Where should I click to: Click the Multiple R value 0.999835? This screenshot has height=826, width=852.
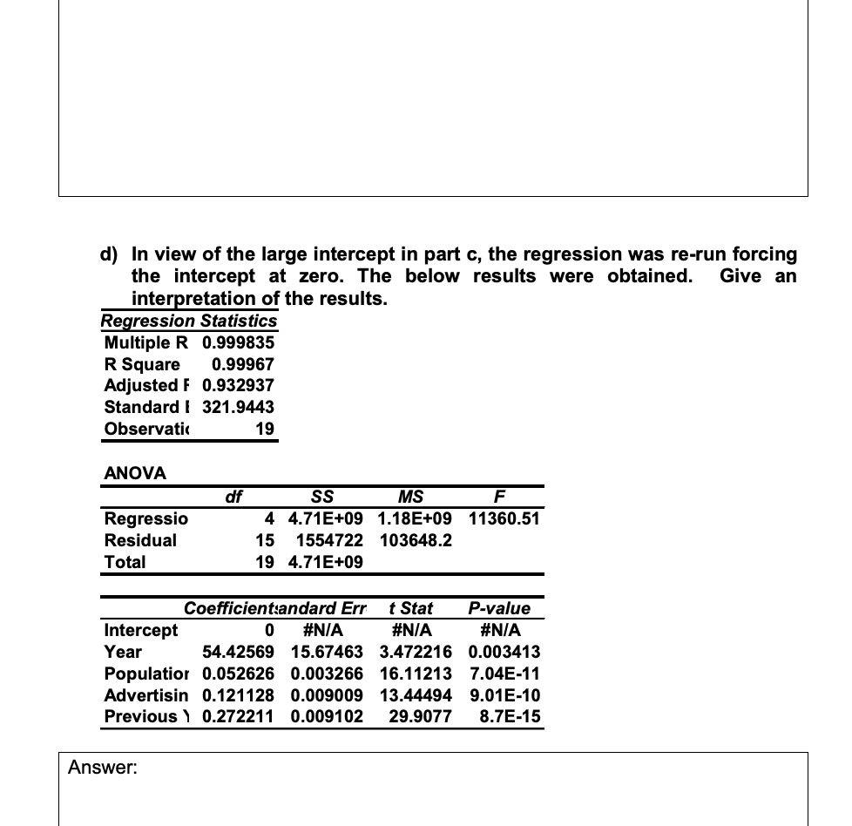point(238,342)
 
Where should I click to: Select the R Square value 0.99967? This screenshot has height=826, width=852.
point(243,364)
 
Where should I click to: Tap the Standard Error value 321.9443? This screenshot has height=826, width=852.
point(238,407)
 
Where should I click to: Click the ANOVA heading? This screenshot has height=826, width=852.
point(135,473)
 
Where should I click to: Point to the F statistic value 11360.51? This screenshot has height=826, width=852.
point(504,518)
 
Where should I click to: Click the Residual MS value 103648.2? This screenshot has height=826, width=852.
point(415,540)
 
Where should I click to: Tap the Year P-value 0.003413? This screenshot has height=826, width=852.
point(504,652)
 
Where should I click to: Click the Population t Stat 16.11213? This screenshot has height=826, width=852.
point(415,674)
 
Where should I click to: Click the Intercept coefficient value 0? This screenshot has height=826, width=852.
point(269,630)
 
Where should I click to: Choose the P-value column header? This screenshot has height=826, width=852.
point(498,608)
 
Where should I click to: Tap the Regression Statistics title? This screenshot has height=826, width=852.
point(188,321)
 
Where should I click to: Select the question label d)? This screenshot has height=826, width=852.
point(111,254)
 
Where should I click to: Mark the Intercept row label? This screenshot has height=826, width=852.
point(140,630)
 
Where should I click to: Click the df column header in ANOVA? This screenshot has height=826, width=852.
point(233,497)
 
